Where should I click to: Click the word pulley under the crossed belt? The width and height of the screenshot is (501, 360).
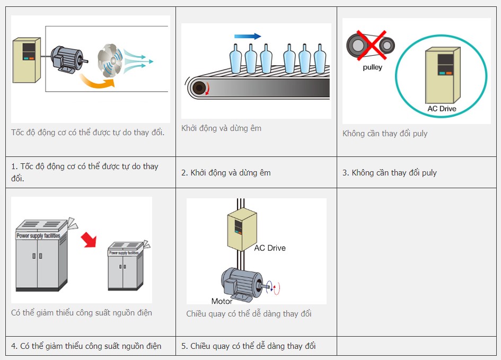(372, 67)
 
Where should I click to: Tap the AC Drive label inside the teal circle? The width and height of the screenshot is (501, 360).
(442, 109)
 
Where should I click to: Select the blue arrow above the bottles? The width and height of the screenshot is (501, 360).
(248, 36)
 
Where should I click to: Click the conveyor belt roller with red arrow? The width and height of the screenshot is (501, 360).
(200, 88)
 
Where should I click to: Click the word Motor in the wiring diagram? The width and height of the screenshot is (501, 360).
(222, 301)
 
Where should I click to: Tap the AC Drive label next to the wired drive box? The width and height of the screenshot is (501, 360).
(270, 248)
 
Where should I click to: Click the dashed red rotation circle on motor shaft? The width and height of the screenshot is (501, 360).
(275, 288)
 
